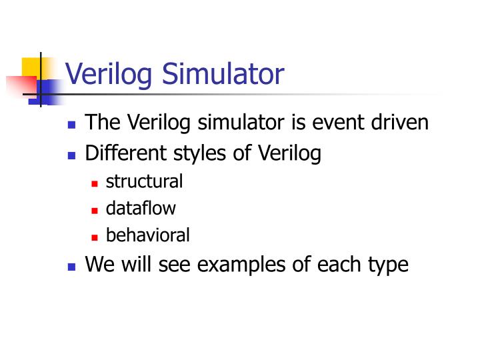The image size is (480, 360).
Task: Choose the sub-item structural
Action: pyautogui.click(x=144, y=181)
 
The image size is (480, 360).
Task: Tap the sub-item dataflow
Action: pyautogui.click(x=141, y=208)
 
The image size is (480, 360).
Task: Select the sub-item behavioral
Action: pyautogui.click(x=148, y=235)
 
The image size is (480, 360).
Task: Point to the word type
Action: pyautogui.click(x=385, y=264)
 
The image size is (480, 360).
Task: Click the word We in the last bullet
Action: pyautogui.click(x=99, y=264)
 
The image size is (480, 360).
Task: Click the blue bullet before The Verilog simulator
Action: pyautogui.click(x=72, y=125)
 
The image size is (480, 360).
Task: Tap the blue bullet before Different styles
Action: pyautogui.click(x=72, y=155)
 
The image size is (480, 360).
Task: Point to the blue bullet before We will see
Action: pyautogui.click(x=72, y=265)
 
